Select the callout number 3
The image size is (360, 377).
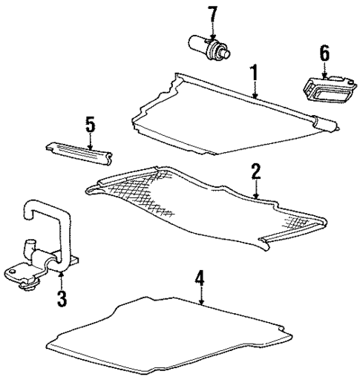coord(62,299)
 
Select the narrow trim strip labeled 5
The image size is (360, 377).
coord(79,151)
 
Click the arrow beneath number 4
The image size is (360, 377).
coord(200,299)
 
